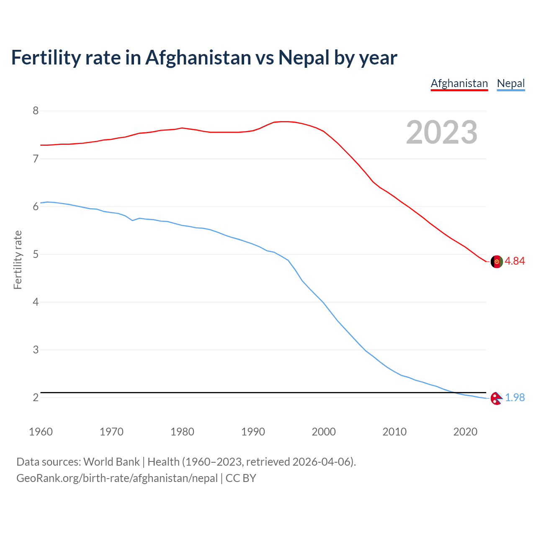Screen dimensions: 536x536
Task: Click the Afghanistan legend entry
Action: pyautogui.click(x=459, y=83)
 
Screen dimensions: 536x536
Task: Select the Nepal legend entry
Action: pyautogui.click(x=510, y=83)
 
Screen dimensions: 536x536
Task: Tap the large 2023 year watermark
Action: pyautogui.click(x=441, y=132)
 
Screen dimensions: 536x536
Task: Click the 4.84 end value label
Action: pyautogui.click(x=515, y=261)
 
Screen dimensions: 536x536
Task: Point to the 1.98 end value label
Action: pyautogui.click(x=515, y=397)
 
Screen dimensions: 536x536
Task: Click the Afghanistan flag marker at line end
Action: pyautogui.click(x=497, y=261)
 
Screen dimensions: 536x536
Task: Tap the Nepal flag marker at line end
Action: pyautogui.click(x=496, y=398)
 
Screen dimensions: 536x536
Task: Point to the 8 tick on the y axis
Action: pyautogui.click(x=36, y=111)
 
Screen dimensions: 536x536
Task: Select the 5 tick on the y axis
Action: pyautogui.click(x=36, y=254)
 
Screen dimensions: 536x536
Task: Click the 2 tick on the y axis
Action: pyautogui.click(x=36, y=397)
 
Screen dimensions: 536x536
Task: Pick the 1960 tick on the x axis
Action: pyautogui.click(x=41, y=432)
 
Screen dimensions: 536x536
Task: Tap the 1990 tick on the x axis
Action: pyautogui.click(x=253, y=432)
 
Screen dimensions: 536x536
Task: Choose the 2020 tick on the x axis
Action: pyautogui.click(x=465, y=432)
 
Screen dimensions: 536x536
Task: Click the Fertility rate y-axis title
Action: pyautogui.click(x=18, y=260)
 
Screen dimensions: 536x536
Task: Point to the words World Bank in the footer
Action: pyautogui.click(x=111, y=462)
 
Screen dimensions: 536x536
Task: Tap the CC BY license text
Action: pyautogui.click(x=241, y=478)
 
